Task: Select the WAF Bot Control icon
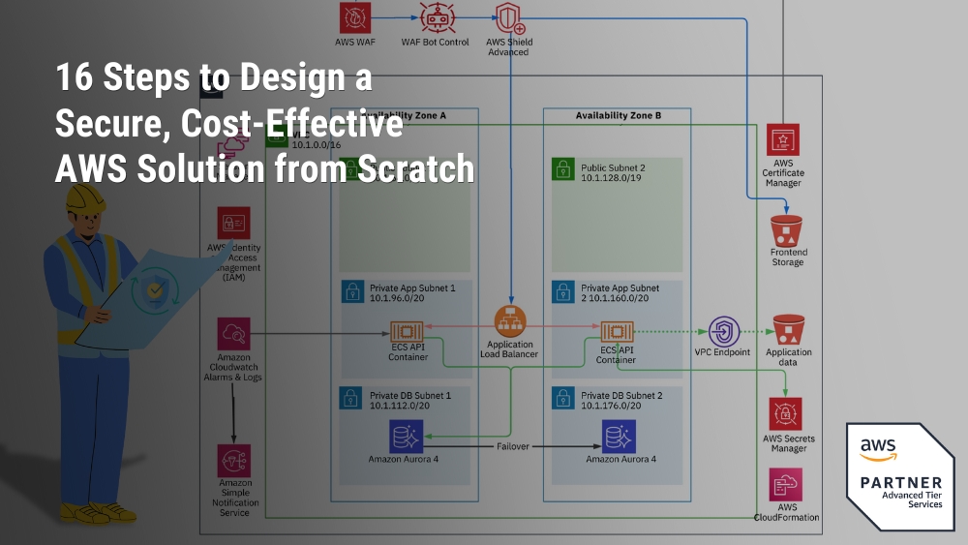pos(435,16)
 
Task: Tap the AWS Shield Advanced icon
pos(508,18)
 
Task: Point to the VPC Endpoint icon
pos(722,330)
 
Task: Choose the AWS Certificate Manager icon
pos(782,139)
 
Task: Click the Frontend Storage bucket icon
pos(787,230)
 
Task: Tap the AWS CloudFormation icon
pos(785,484)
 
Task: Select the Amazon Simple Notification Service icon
pos(234,460)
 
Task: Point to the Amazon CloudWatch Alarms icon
pos(234,333)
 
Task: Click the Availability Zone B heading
pos(618,116)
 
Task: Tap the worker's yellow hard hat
pos(84,198)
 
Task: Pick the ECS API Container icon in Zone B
pos(617,330)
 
